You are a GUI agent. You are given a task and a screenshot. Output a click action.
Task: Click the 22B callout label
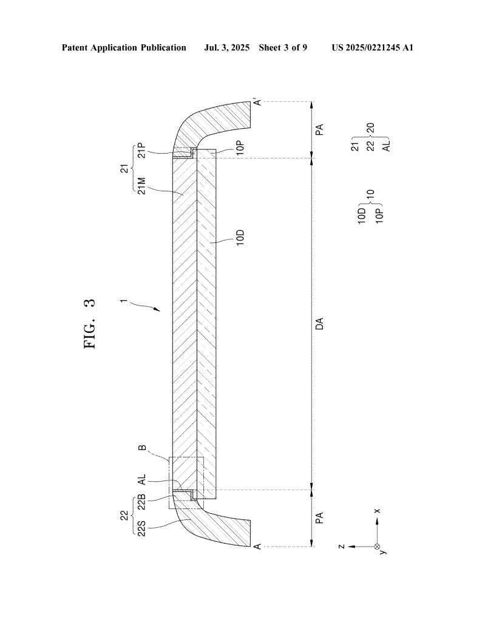click(141, 504)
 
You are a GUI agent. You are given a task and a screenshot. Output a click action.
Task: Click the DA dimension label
click(319, 323)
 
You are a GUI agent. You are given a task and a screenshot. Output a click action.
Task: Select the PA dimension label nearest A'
click(319, 129)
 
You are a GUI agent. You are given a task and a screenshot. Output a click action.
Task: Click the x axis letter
click(377, 511)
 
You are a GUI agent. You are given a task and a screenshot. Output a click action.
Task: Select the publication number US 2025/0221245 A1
click(372, 47)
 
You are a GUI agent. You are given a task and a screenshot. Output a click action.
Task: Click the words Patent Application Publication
click(124, 47)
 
